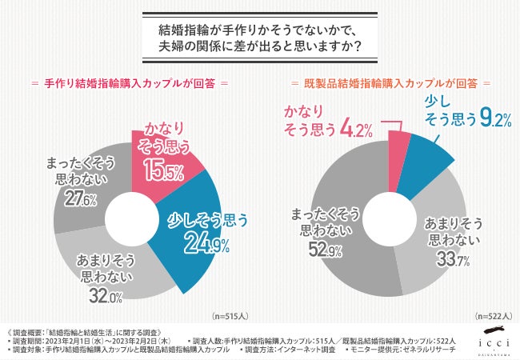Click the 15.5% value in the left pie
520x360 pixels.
click(x=165, y=170)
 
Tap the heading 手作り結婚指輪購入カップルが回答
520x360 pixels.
click(x=129, y=83)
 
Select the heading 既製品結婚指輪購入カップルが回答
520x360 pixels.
click(x=389, y=83)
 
